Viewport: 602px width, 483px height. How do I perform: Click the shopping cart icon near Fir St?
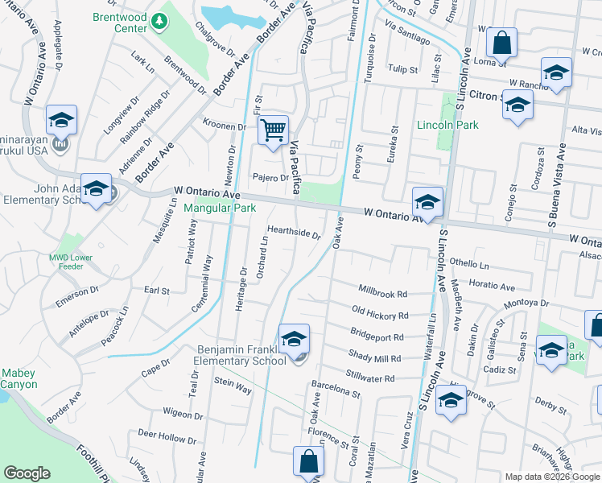tap(274, 129)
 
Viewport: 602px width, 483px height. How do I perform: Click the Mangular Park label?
tap(220, 208)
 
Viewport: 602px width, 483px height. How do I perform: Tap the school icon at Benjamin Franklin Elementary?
tap(295, 338)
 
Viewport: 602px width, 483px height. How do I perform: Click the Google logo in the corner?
tap(27, 473)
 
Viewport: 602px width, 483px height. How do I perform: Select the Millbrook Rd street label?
tap(383, 293)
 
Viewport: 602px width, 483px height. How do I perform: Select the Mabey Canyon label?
tap(19, 378)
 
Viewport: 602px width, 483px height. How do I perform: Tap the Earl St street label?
tap(156, 290)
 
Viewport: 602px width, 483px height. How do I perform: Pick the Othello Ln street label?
tap(469, 264)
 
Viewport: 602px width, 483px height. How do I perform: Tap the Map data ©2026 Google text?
tap(550, 477)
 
